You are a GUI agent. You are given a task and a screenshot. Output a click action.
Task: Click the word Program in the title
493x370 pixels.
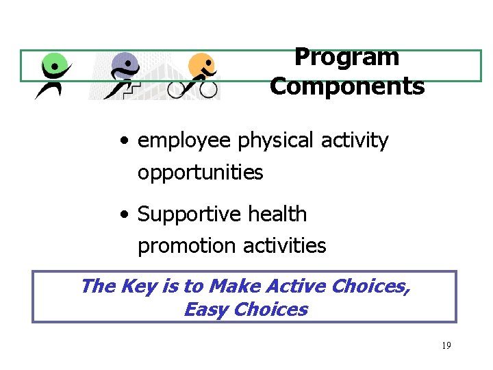click(x=346, y=58)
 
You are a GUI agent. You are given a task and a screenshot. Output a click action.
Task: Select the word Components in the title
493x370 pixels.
click(x=347, y=87)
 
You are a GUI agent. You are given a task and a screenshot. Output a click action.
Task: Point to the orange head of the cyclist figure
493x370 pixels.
click(x=201, y=66)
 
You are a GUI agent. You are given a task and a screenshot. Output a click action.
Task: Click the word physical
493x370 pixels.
click(x=270, y=141)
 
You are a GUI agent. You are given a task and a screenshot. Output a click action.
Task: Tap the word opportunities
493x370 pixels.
click(x=200, y=173)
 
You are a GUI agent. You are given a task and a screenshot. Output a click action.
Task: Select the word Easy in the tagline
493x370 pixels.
click(x=206, y=310)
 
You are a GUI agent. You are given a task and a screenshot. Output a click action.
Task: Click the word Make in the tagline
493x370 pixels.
click(x=231, y=286)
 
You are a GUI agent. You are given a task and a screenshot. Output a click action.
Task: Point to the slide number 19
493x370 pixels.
click(x=446, y=346)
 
